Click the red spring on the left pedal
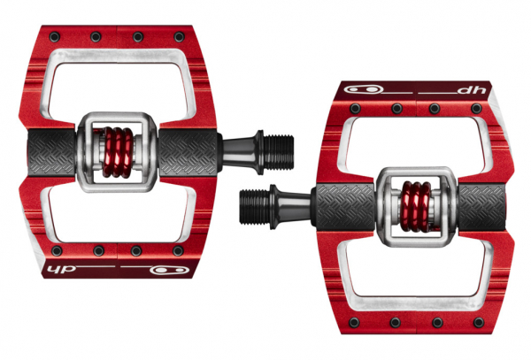[117, 152]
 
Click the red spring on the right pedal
[415, 206]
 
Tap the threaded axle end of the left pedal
[279, 152]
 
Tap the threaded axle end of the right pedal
[254, 206]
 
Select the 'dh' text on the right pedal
[472, 90]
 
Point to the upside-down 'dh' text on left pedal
[61, 269]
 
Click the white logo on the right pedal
[364, 90]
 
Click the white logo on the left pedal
[170, 270]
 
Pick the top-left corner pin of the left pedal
[55, 36]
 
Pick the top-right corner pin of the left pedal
[179, 36]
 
